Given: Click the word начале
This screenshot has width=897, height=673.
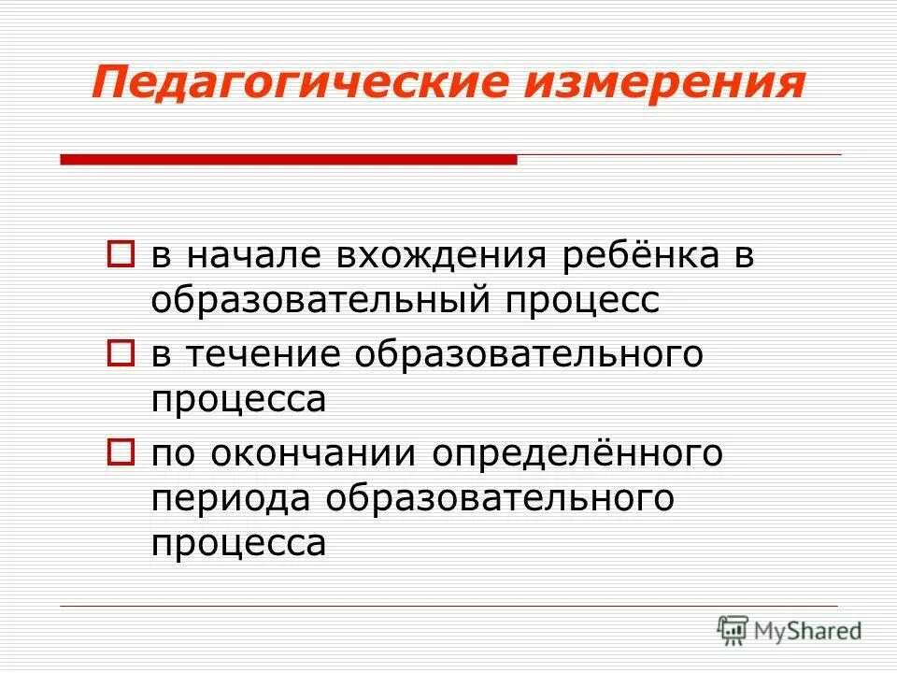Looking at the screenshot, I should click(243, 256).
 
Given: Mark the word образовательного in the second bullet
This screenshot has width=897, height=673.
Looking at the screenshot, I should click(527, 355).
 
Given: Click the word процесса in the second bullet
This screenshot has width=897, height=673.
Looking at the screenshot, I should click(238, 400).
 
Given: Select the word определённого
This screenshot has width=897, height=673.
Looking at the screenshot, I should click(577, 454).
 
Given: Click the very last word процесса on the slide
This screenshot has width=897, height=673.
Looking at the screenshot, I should click(238, 544).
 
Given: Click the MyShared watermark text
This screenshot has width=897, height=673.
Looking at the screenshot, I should click(806, 631).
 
